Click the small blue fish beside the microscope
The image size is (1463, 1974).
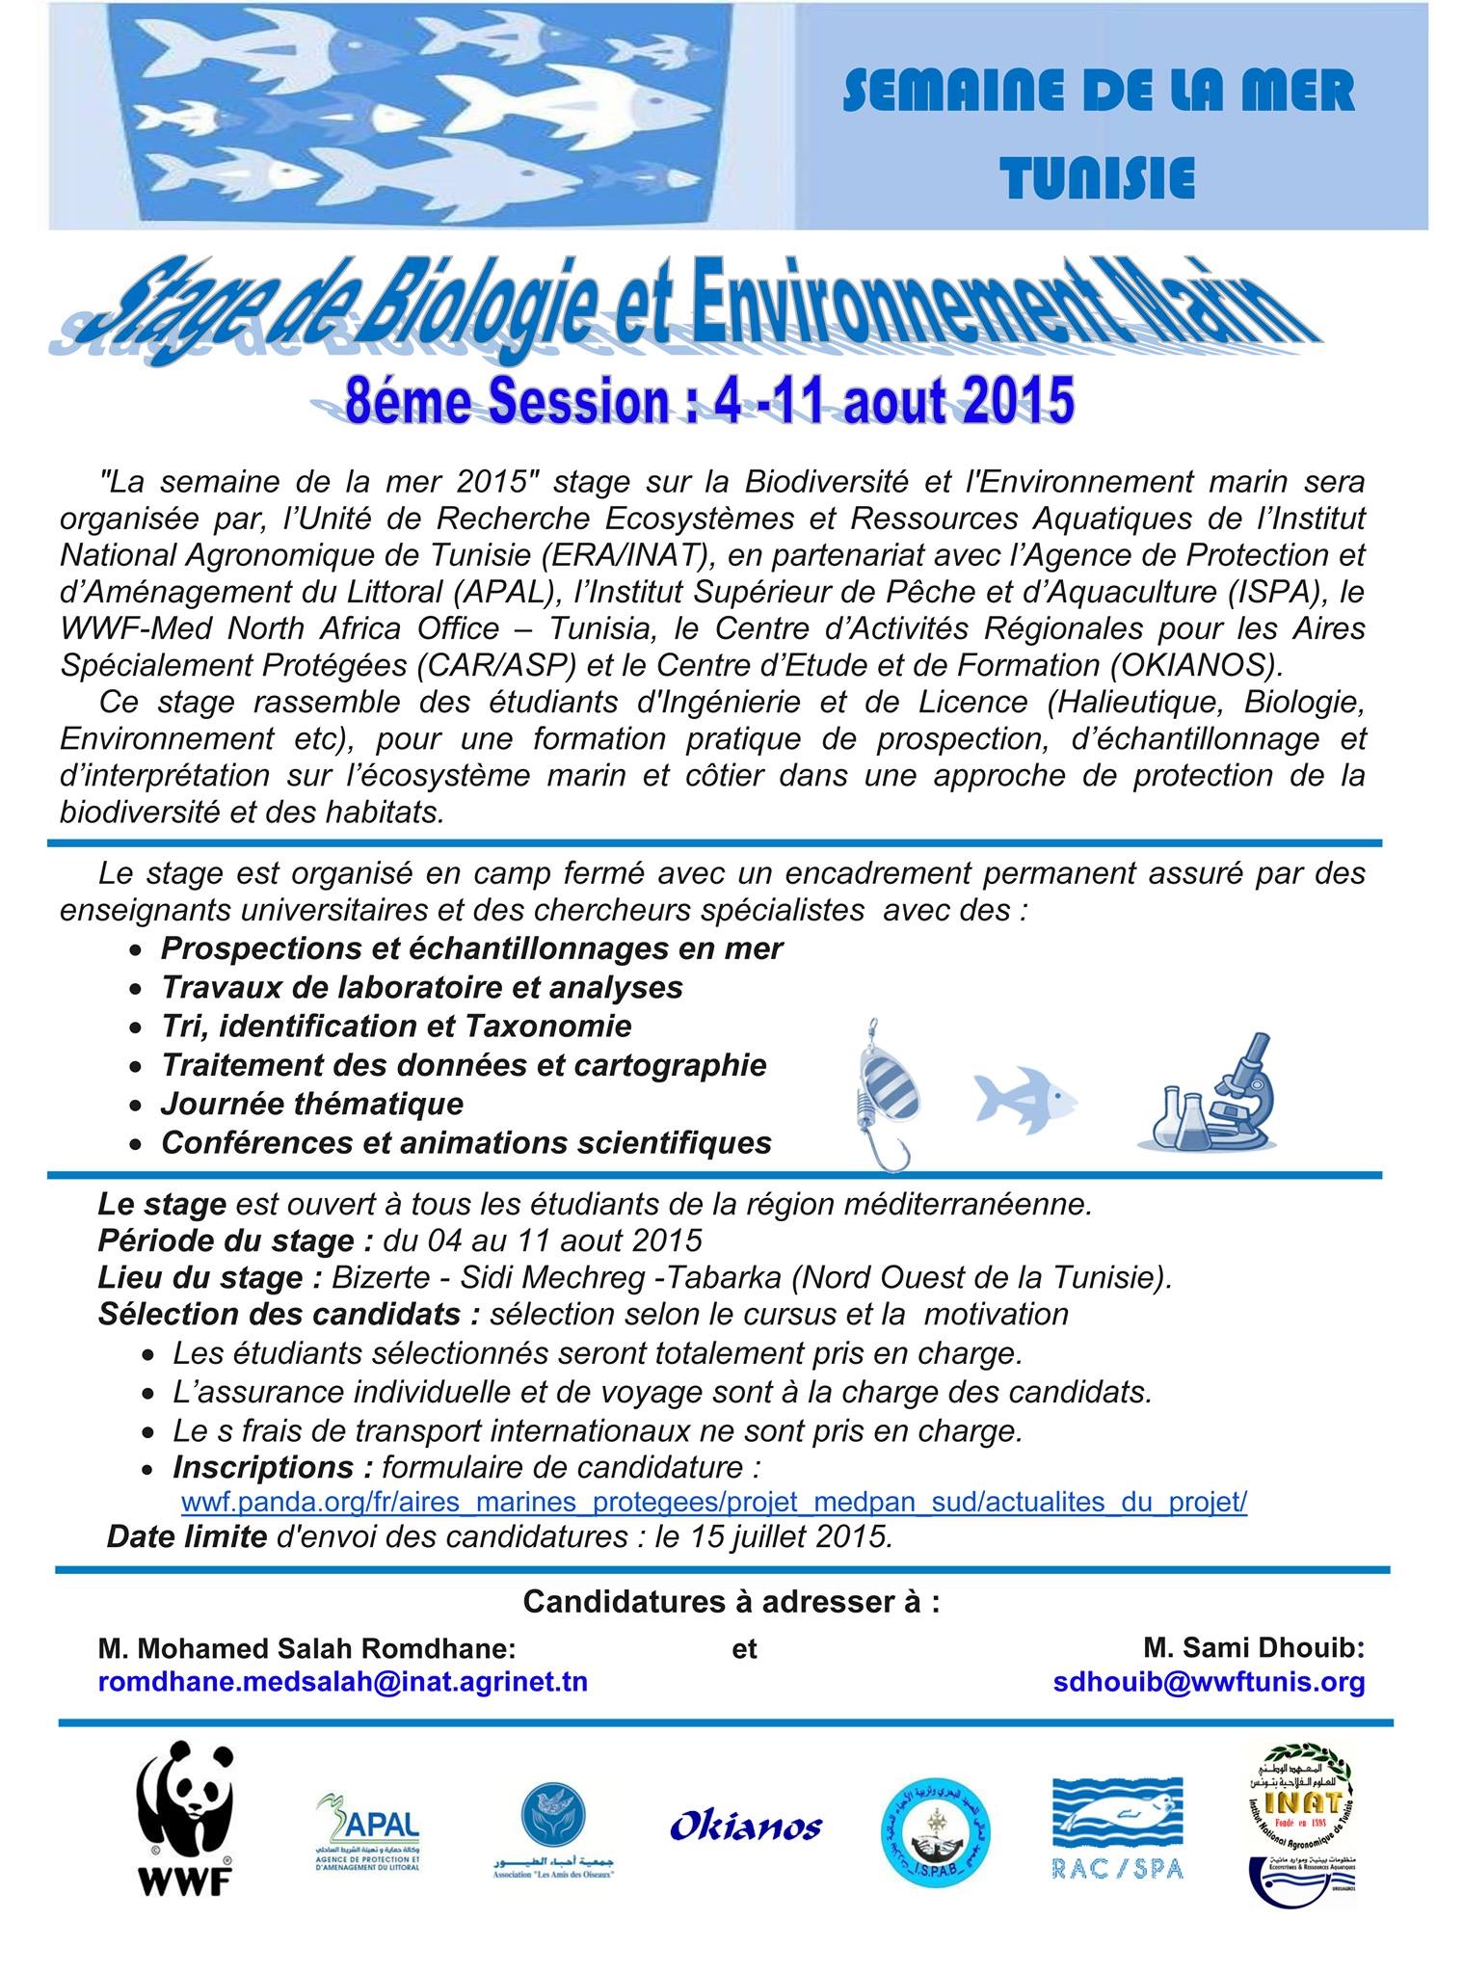1024,1096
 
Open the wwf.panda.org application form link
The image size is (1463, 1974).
714,1503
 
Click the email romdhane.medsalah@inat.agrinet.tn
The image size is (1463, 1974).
342,1681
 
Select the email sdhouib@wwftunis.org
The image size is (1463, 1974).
1210,1681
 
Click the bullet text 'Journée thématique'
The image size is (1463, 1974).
312,1103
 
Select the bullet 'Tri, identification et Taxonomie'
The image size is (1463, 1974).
396,1026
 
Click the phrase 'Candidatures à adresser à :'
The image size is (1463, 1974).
731,1602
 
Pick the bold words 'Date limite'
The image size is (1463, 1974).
186,1536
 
